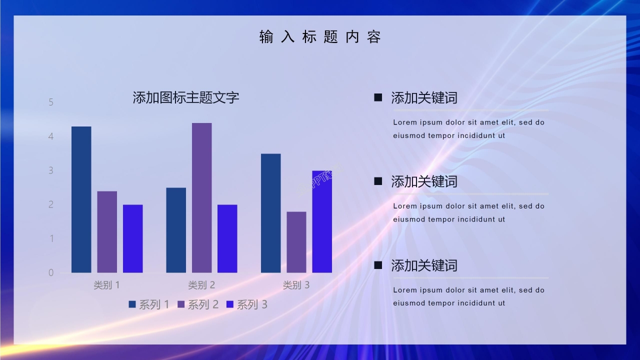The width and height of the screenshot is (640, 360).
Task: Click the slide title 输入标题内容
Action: click(x=320, y=37)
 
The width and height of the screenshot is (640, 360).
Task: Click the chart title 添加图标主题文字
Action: click(x=186, y=97)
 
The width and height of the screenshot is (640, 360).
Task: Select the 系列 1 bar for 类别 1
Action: click(x=81, y=199)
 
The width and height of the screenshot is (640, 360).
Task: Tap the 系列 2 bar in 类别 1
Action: click(x=107, y=232)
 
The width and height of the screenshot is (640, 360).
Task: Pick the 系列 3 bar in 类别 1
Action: click(x=133, y=238)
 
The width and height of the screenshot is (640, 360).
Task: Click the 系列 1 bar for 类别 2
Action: click(x=176, y=230)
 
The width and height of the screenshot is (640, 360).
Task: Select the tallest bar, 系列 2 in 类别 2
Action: click(x=202, y=197)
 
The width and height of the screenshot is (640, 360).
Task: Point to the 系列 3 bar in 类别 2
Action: click(x=227, y=238)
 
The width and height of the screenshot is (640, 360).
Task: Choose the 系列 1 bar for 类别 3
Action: click(x=271, y=213)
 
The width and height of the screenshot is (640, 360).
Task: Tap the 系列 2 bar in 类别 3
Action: click(x=296, y=242)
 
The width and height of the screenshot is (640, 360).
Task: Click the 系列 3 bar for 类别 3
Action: click(x=322, y=221)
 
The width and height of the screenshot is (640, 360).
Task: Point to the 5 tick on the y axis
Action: click(x=51, y=102)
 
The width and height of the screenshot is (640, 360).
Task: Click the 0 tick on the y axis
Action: click(x=51, y=272)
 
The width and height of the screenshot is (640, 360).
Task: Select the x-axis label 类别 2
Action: click(x=201, y=285)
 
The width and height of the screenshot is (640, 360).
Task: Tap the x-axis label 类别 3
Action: click(x=296, y=285)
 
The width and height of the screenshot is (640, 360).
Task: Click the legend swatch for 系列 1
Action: click(x=132, y=304)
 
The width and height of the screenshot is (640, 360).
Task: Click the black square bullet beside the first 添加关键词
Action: click(x=378, y=97)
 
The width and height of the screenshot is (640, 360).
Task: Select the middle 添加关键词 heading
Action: click(x=424, y=181)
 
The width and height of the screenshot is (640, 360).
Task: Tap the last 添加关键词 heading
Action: click(x=424, y=265)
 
